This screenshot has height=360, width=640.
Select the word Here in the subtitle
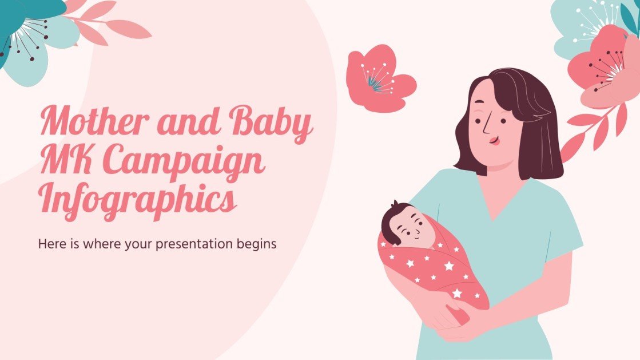click(49, 243)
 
